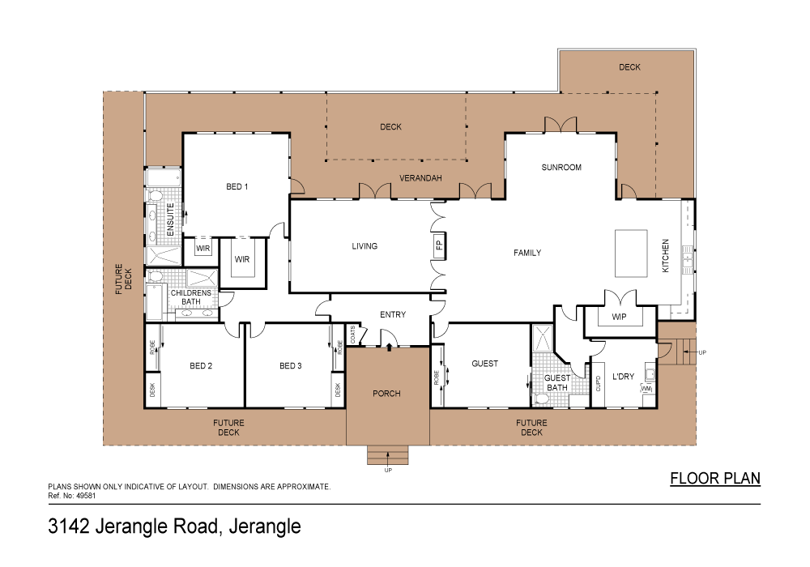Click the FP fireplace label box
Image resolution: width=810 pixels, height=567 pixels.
pos(439,245)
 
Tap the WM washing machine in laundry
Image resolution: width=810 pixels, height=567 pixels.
pos(646,390)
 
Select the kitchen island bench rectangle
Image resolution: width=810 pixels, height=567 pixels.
pos(632,254)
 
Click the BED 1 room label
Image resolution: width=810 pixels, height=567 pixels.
pos(237,186)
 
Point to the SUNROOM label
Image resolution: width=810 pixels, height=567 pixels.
pos(561,168)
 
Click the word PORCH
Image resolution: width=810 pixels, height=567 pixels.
pos(386,394)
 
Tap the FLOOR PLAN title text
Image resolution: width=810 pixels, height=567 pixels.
pos(715,478)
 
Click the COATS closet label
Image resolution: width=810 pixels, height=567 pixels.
pos(353,335)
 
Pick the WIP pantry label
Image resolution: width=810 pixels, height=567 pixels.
pos(620,317)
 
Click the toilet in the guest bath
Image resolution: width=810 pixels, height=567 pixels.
pos(542,399)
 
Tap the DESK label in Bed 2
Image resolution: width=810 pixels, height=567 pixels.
pos(152,390)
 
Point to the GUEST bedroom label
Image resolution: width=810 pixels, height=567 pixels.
pos(484,364)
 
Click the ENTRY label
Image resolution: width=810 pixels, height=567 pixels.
pos(393,314)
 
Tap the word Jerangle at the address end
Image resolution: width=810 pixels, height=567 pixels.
pos(266,526)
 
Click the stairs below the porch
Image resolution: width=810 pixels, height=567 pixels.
pos(387,455)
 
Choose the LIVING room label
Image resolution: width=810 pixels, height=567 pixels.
pos(364,246)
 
